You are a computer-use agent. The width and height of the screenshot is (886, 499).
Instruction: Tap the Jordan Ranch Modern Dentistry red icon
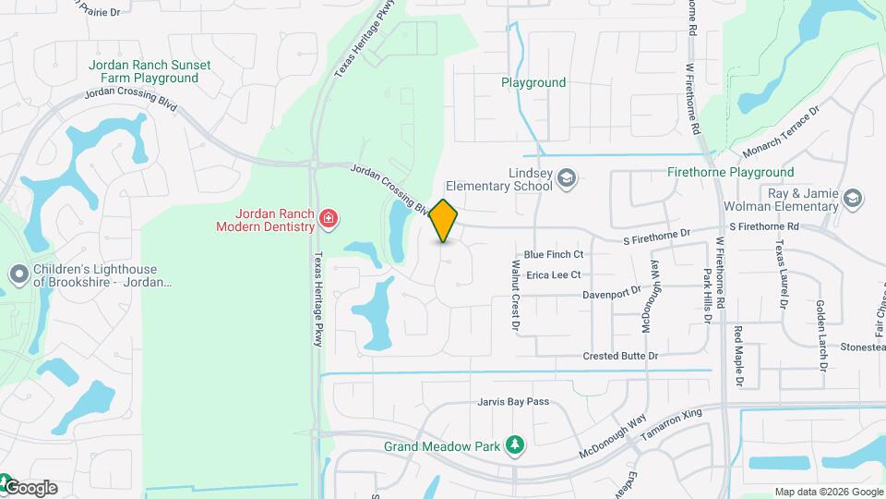[x=328, y=219]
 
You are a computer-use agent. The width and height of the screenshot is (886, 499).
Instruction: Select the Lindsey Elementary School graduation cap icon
[x=567, y=178]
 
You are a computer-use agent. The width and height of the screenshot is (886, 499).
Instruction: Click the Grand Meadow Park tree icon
[x=515, y=447]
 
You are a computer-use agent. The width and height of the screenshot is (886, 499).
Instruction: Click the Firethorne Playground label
[x=730, y=173]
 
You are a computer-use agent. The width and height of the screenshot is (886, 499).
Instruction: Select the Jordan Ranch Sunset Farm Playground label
[x=150, y=72]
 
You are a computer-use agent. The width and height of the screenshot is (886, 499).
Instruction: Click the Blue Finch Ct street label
[x=554, y=254]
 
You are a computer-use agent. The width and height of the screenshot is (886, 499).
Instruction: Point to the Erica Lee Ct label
[x=553, y=274]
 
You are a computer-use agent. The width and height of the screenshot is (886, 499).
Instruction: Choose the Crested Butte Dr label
[x=620, y=356]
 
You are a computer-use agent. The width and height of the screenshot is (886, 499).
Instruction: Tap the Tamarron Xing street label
[x=666, y=423]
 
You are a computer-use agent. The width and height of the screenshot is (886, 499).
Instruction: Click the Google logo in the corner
[x=31, y=488]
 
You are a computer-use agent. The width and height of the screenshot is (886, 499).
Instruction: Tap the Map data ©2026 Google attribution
[x=828, y=492]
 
